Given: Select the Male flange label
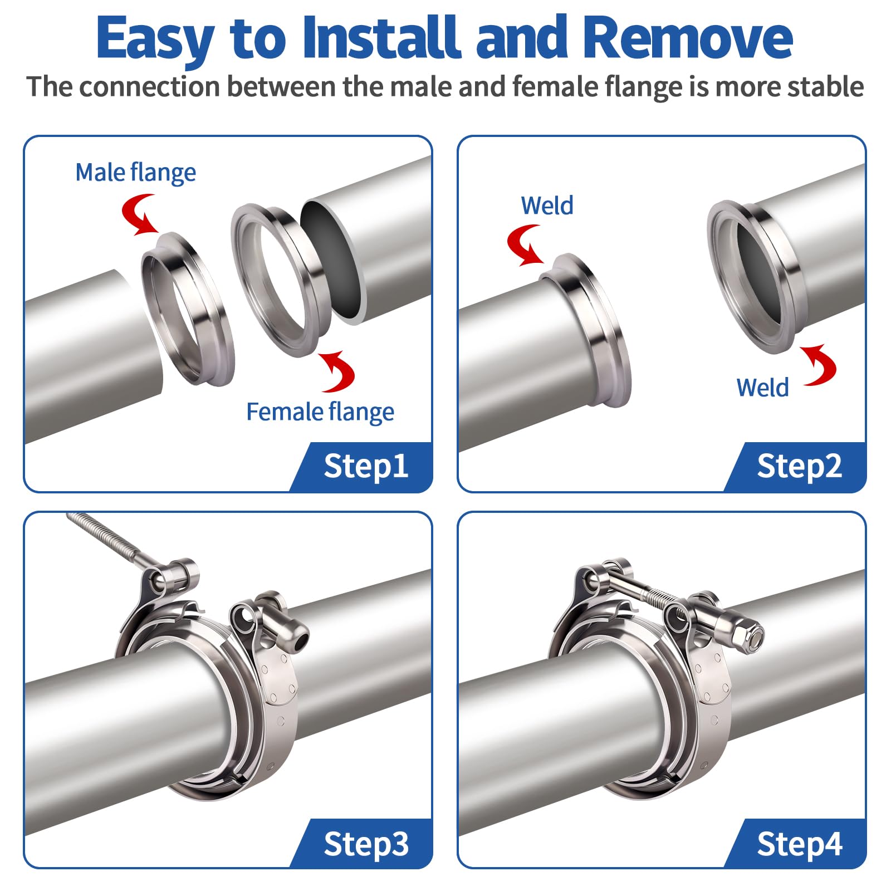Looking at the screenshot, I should [x=135, y=172].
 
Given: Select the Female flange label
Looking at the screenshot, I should [x=320, y=412].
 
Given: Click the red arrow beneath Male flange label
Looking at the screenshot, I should [x=139, y=214].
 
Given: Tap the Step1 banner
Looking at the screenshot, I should [x=365, y=466].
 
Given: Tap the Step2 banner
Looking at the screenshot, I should [x=799, y=466].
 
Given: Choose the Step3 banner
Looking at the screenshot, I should [x=365, y=844].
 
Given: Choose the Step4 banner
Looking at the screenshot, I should [x=799, y=844].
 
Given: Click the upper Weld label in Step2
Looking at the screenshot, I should [x=547, y=205].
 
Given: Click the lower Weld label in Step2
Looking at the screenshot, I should [x=762, y=388].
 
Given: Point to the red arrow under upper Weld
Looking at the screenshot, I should [x=524, y=245].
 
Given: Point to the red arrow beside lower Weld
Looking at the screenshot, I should [x=819, y=365].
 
